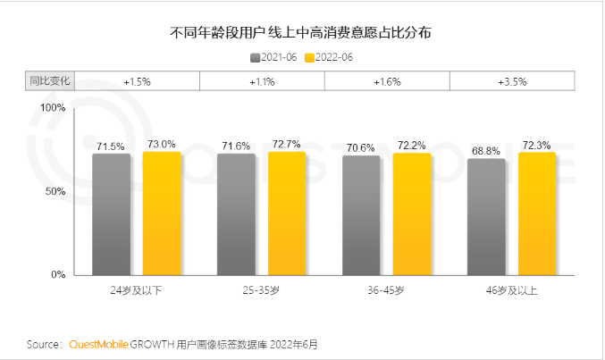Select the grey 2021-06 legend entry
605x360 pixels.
coord(275,57)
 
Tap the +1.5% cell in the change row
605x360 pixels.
coord(137,81)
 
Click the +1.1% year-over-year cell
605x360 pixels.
coord(262,81)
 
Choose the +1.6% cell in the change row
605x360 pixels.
coord(387,81)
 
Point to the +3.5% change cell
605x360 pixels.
coord(512,81)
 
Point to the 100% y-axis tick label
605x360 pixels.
coord(53,107)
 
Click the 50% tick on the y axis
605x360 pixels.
coord(55,191)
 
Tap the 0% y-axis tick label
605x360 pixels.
coord(58,274)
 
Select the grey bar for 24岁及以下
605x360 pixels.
coord(111,213)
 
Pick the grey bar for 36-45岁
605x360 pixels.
coord(361,214)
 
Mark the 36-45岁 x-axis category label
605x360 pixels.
coord(387,291)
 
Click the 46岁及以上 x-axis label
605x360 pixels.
coord(512,291)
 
